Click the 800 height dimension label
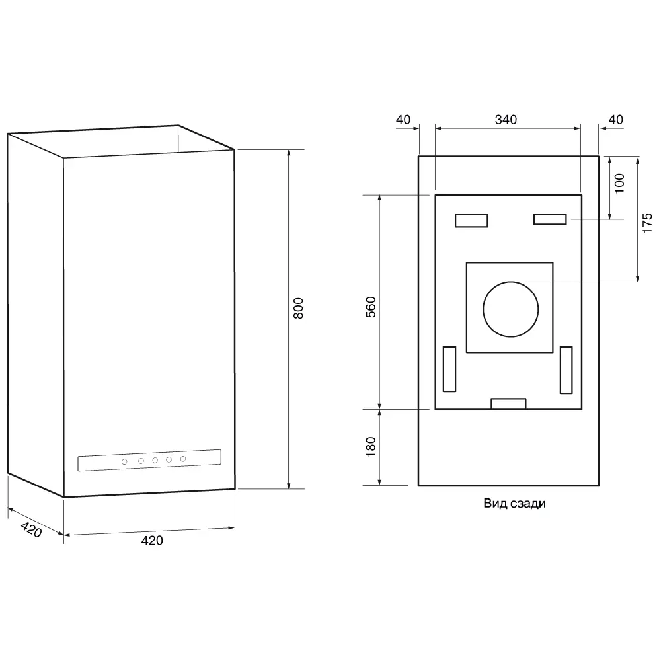pyautogui.click(x=298, y=309)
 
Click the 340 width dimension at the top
pyautogui.click(x=506, y=120)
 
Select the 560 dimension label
pyautogui.click(x=371, y=307)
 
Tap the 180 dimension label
pyautogui.click(x=371, y=446)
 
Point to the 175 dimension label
pyautogui.click(x=647, y=223)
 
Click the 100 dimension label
pyautogui.click(x=619, y=183)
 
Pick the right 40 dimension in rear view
pyautogui.click(x=615, y=120)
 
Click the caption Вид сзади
pyautogui.click(x=514, y=504)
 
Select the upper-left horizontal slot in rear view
pyautogui.click(x=471, y=220)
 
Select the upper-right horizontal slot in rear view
pyautogui.click(x=550, y=219)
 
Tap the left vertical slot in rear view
pyautogui.click(x=449, y=369)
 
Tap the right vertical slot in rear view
pyautogui.click(x=566, y=369)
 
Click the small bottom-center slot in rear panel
pyautogui.click(x=508, y=404)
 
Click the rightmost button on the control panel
pyautogui.click(x=183, y=459)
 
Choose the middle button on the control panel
pyautogui.click(x=155, y=460)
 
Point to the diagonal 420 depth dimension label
pyautogui.click(x=31, y=530)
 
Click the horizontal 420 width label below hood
pyautogui.click(x=152, y=541)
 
